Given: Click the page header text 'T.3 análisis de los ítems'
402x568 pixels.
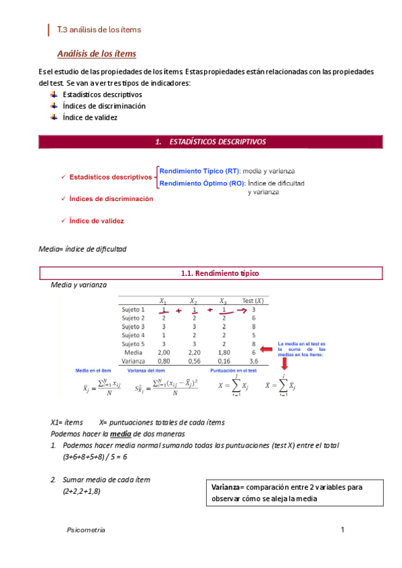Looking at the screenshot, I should click(99, 29).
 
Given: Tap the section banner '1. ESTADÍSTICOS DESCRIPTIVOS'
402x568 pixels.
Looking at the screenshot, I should click(210, 142).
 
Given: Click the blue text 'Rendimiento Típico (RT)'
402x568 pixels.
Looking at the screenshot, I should click(200, 171).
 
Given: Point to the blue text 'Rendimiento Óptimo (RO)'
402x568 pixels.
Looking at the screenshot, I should click(202, 183).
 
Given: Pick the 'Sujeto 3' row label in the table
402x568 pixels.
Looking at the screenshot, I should click(133, 326).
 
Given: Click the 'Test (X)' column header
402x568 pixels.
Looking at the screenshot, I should click(252, 301).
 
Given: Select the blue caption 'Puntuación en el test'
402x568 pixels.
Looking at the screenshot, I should click(233, 370).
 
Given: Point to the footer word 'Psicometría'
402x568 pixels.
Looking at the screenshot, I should click(87, 529).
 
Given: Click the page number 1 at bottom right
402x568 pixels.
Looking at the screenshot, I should click(342, 530).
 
